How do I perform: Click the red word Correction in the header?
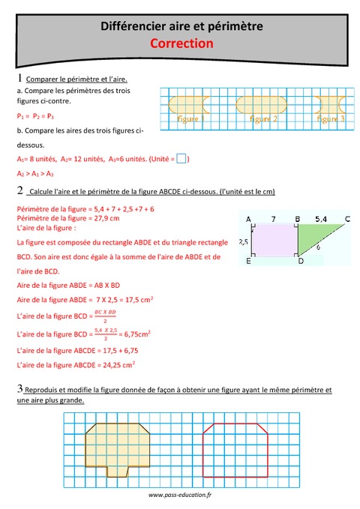[x=181, y=43]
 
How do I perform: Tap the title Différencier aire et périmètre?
[x=181, y=26]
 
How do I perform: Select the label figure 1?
[x=190, y=118]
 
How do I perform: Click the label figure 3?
[x=330, y=118]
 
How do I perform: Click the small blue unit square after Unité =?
[x=180, y=158]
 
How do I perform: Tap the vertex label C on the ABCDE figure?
[x=348, y=220]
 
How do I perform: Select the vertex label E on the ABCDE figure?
[x=247, y=262]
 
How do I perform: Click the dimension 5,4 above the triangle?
[x=320, y=219]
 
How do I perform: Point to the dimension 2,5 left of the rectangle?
[x=243, y=242]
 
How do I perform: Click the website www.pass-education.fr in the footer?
[x=181, y=496]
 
